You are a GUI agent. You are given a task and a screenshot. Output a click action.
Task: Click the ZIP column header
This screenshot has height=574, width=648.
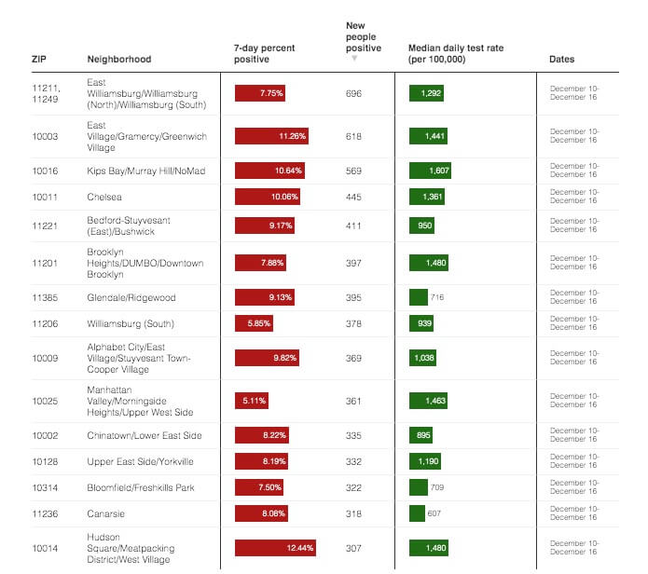(39, 60)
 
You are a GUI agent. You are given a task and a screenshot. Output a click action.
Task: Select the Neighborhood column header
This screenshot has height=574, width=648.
(118, 60)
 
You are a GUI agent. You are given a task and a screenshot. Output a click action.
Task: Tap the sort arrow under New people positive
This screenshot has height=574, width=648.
(354, 60)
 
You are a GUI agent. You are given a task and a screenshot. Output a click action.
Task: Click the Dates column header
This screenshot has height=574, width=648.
(561, 60)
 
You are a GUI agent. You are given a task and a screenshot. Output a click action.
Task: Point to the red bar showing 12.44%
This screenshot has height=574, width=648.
(276, 548)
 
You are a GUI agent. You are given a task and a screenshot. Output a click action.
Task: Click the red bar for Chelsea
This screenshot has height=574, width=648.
(268, 198)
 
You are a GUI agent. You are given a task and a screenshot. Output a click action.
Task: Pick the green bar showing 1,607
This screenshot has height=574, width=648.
(431, 171)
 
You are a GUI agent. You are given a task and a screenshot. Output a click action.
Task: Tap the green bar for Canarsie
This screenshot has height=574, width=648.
(418, 513)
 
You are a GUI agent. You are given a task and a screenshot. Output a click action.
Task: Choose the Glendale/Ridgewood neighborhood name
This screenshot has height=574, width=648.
(131, 298)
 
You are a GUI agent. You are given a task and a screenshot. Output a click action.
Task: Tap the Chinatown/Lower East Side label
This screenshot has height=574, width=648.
(145, 436)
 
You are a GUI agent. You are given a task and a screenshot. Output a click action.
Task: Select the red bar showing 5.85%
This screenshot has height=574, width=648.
(254, 323)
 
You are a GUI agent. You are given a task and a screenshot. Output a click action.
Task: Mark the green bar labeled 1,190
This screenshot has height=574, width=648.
(425, 461)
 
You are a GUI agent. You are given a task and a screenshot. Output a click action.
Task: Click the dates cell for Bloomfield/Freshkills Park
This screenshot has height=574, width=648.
(575, 487)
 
